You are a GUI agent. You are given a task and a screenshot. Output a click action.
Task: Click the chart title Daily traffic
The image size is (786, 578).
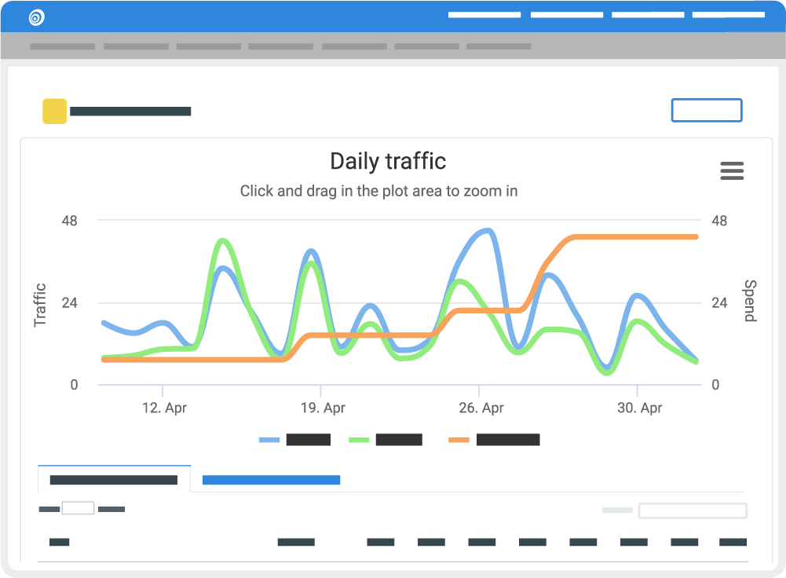388,162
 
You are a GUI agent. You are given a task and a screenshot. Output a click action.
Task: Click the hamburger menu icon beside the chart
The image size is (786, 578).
732,170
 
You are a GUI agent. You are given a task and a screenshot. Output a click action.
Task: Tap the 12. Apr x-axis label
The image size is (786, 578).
164,408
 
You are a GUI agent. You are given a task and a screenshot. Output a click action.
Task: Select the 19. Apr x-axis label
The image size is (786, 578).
323,408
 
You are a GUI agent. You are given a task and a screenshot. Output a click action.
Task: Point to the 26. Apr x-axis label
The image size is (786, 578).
481,408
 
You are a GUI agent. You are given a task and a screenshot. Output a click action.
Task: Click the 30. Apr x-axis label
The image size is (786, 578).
639,408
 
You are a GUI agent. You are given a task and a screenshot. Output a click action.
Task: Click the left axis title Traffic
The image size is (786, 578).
41,305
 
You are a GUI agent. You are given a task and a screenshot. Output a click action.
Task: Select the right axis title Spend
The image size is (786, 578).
749,301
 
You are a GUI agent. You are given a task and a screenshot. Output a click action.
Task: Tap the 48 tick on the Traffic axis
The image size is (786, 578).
70,221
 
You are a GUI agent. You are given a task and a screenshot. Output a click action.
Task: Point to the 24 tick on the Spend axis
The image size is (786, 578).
719,303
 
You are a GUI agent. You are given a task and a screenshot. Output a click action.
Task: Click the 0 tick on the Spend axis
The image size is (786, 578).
715,385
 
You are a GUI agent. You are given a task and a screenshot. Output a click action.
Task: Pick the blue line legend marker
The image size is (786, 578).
269,440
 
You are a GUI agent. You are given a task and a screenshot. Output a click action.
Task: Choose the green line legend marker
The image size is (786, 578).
359,440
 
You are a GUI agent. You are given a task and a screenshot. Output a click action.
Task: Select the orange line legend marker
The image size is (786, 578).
459,440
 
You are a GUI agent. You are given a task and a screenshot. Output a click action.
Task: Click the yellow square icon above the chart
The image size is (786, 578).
54,112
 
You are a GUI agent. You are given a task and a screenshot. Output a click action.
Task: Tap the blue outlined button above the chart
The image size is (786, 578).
706,111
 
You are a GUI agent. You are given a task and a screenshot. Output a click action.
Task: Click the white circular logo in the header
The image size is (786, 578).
36,16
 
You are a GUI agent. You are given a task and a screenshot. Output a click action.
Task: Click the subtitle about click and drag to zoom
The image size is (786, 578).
378,191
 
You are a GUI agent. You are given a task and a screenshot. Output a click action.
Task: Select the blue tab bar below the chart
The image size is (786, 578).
271,480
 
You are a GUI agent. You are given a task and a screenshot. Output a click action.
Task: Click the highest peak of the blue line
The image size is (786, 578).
488,231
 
